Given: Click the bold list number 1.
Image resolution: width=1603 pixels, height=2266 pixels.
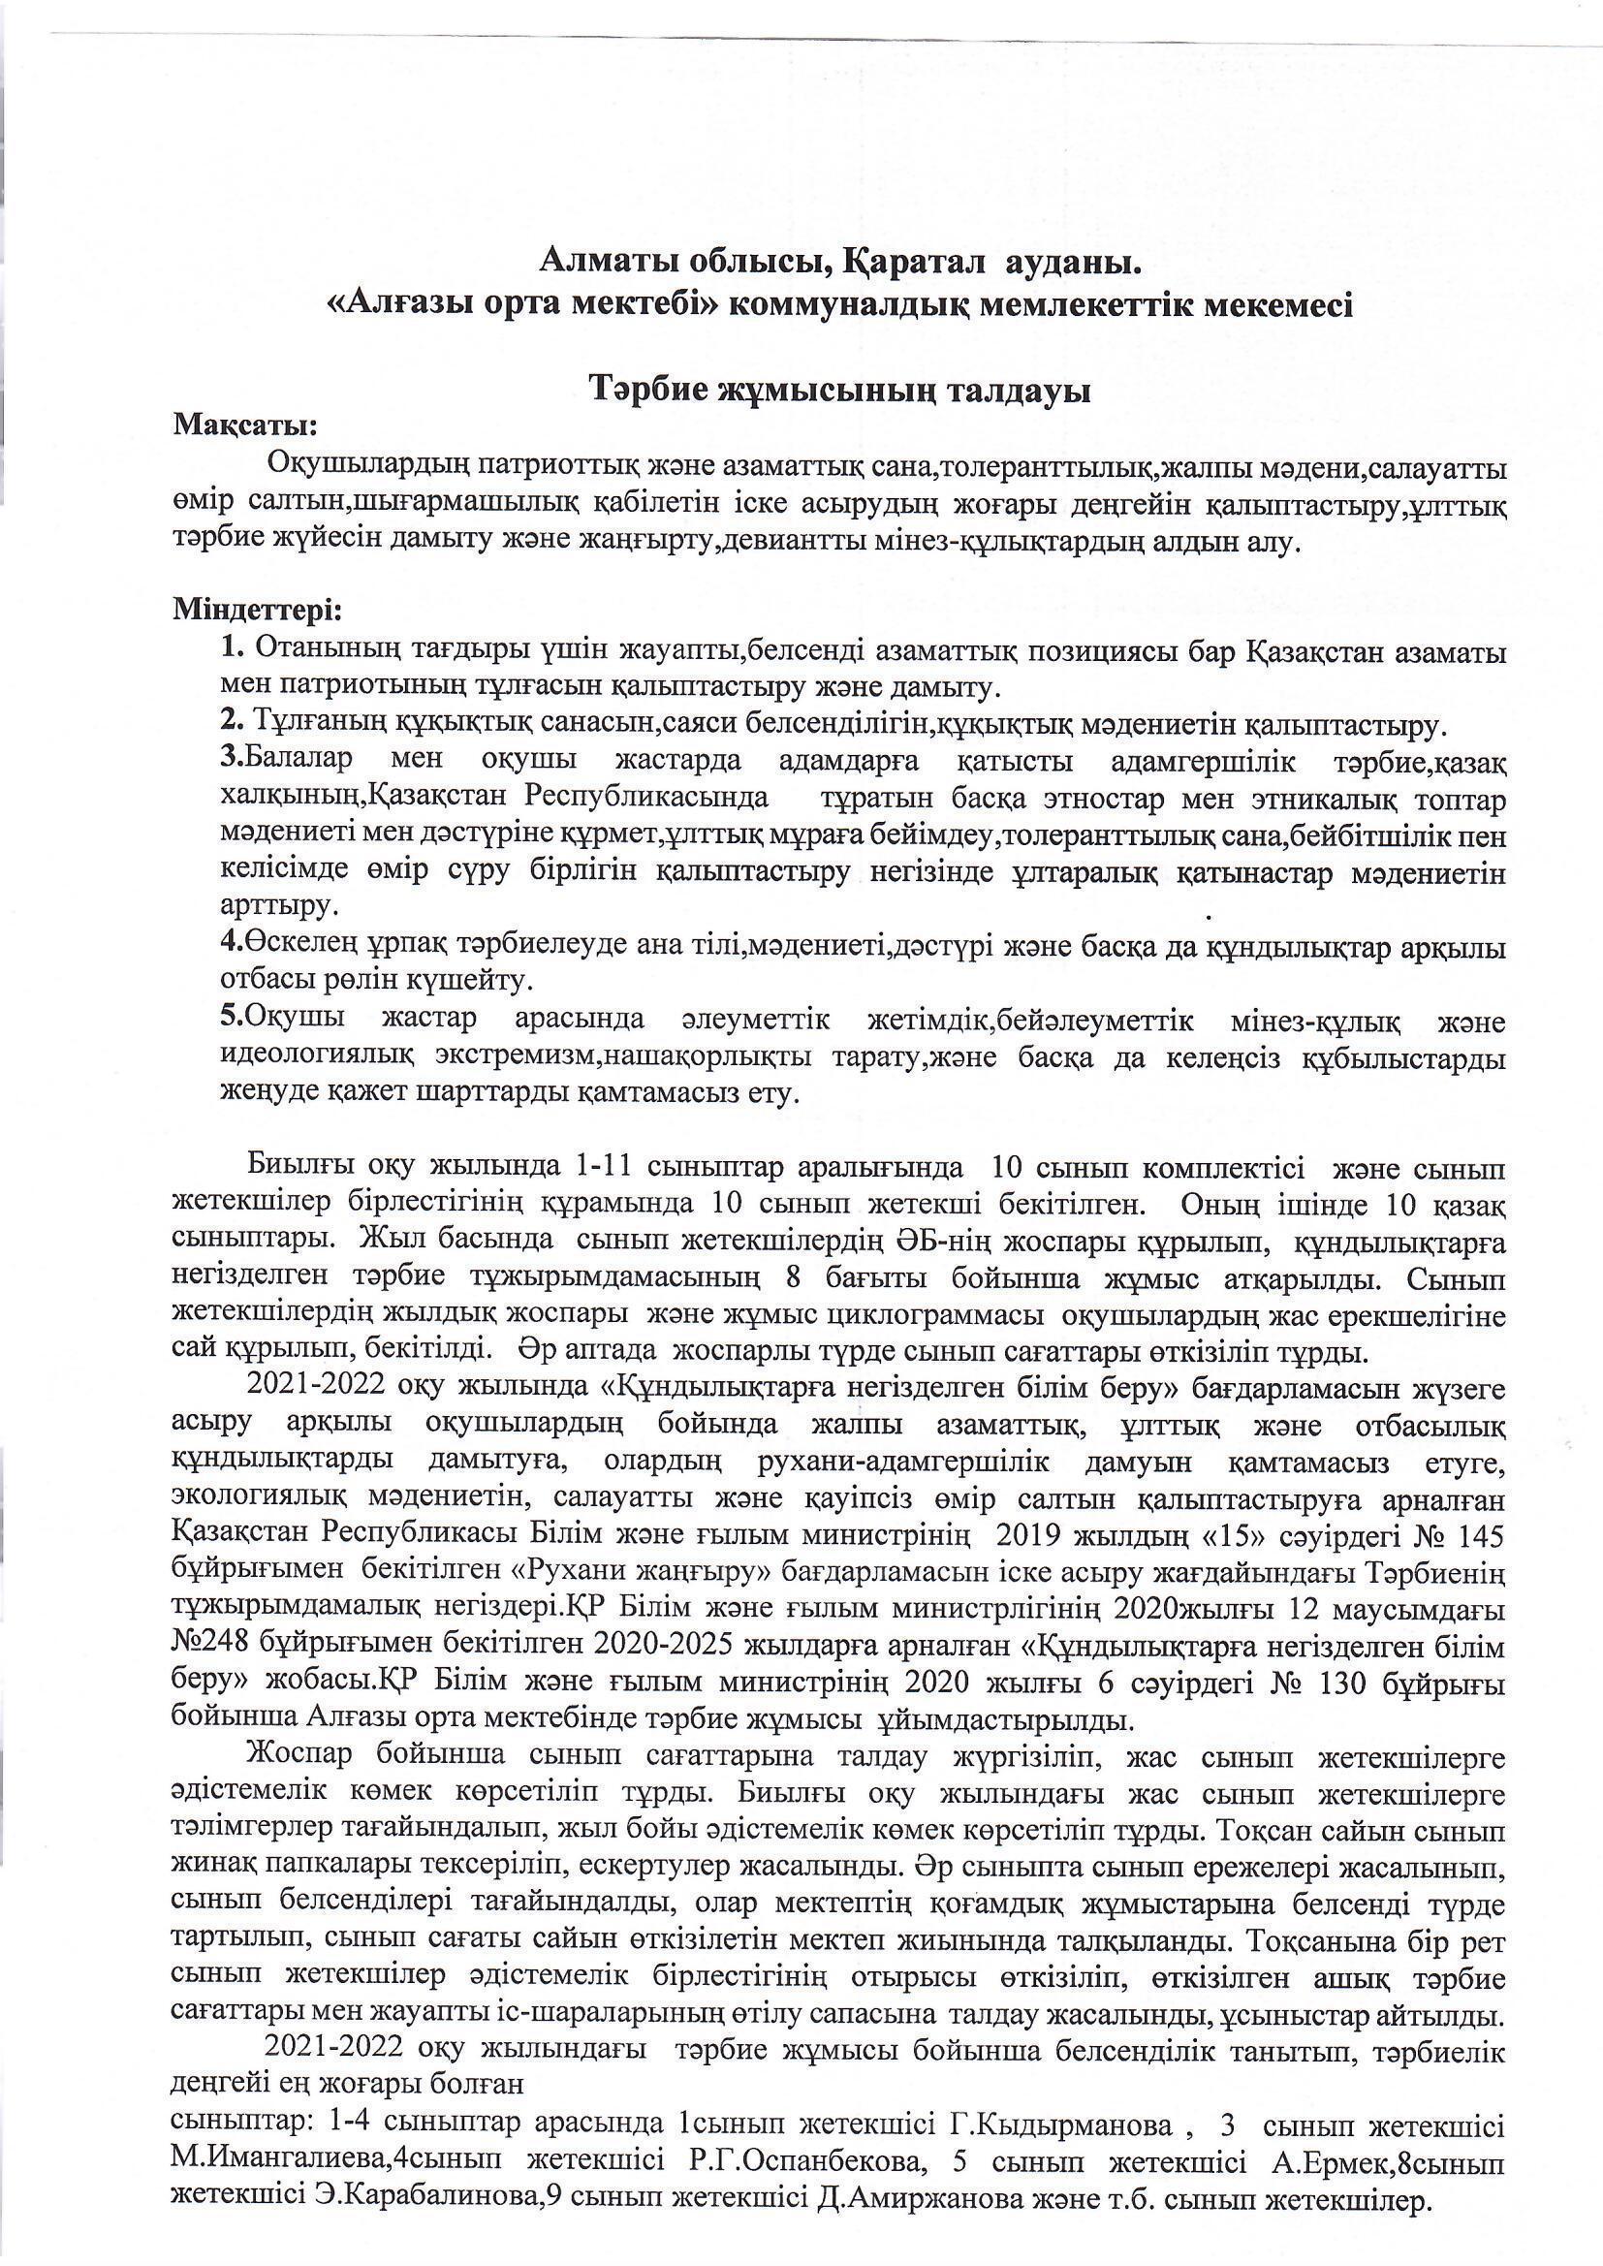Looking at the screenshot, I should coord(232,650).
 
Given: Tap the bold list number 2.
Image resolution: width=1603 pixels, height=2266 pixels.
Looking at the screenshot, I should coord(232,727).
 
